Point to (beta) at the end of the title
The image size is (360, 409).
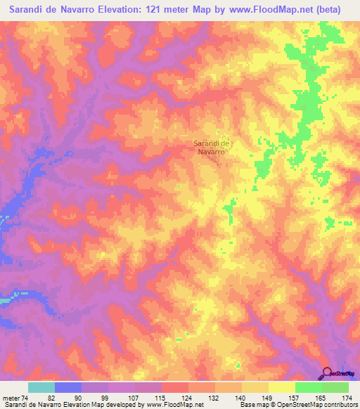326,10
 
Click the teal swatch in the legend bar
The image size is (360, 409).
41,387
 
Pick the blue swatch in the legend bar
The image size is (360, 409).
68,387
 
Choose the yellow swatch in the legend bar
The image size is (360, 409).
255,387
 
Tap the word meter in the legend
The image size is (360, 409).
10,398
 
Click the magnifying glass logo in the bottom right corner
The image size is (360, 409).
328,372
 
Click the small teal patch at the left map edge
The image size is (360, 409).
6,301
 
